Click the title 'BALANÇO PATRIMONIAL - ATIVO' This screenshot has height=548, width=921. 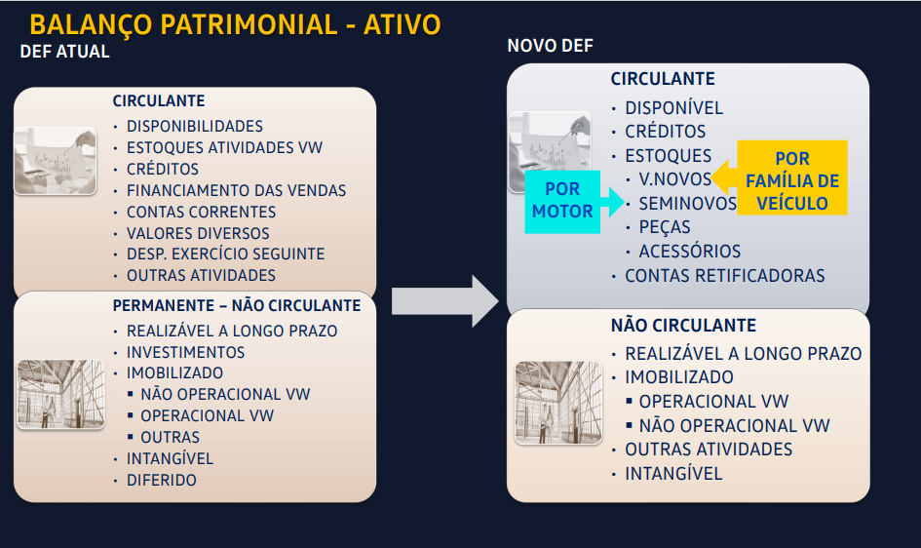(x=235, y=24)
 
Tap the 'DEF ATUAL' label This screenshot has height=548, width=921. (x=64, y=52)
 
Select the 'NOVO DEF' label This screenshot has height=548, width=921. (x=550, y=46)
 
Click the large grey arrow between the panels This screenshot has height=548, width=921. (x=445, y=301)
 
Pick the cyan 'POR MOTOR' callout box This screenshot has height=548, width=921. (x=562, y=202)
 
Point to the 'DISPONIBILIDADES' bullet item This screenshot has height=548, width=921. (x=194, y=127)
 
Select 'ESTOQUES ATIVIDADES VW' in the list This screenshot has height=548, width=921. (x=224, y=147)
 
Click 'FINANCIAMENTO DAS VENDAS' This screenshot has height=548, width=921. (x=236, y=190)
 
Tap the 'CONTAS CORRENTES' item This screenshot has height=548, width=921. (x=201, y=212)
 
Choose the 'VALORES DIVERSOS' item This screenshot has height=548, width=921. (x=198, y=233)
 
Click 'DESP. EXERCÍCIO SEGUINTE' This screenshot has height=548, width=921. (x=225, y=254)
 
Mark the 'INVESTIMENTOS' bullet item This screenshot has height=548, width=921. (x=185, y=352)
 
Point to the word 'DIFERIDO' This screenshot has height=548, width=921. (x=162, y=480)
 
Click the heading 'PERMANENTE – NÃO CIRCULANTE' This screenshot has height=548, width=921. (x=237, y=305)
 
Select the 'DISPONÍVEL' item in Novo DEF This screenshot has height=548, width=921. (x=673, y=108)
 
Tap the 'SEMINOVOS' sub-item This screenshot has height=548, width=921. (x=687, y=203)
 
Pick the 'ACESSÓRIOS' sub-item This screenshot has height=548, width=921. (x=690, y=252)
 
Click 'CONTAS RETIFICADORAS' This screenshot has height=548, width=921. (x=725, y=276)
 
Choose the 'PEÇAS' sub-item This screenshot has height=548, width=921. (x=665, y=227)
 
